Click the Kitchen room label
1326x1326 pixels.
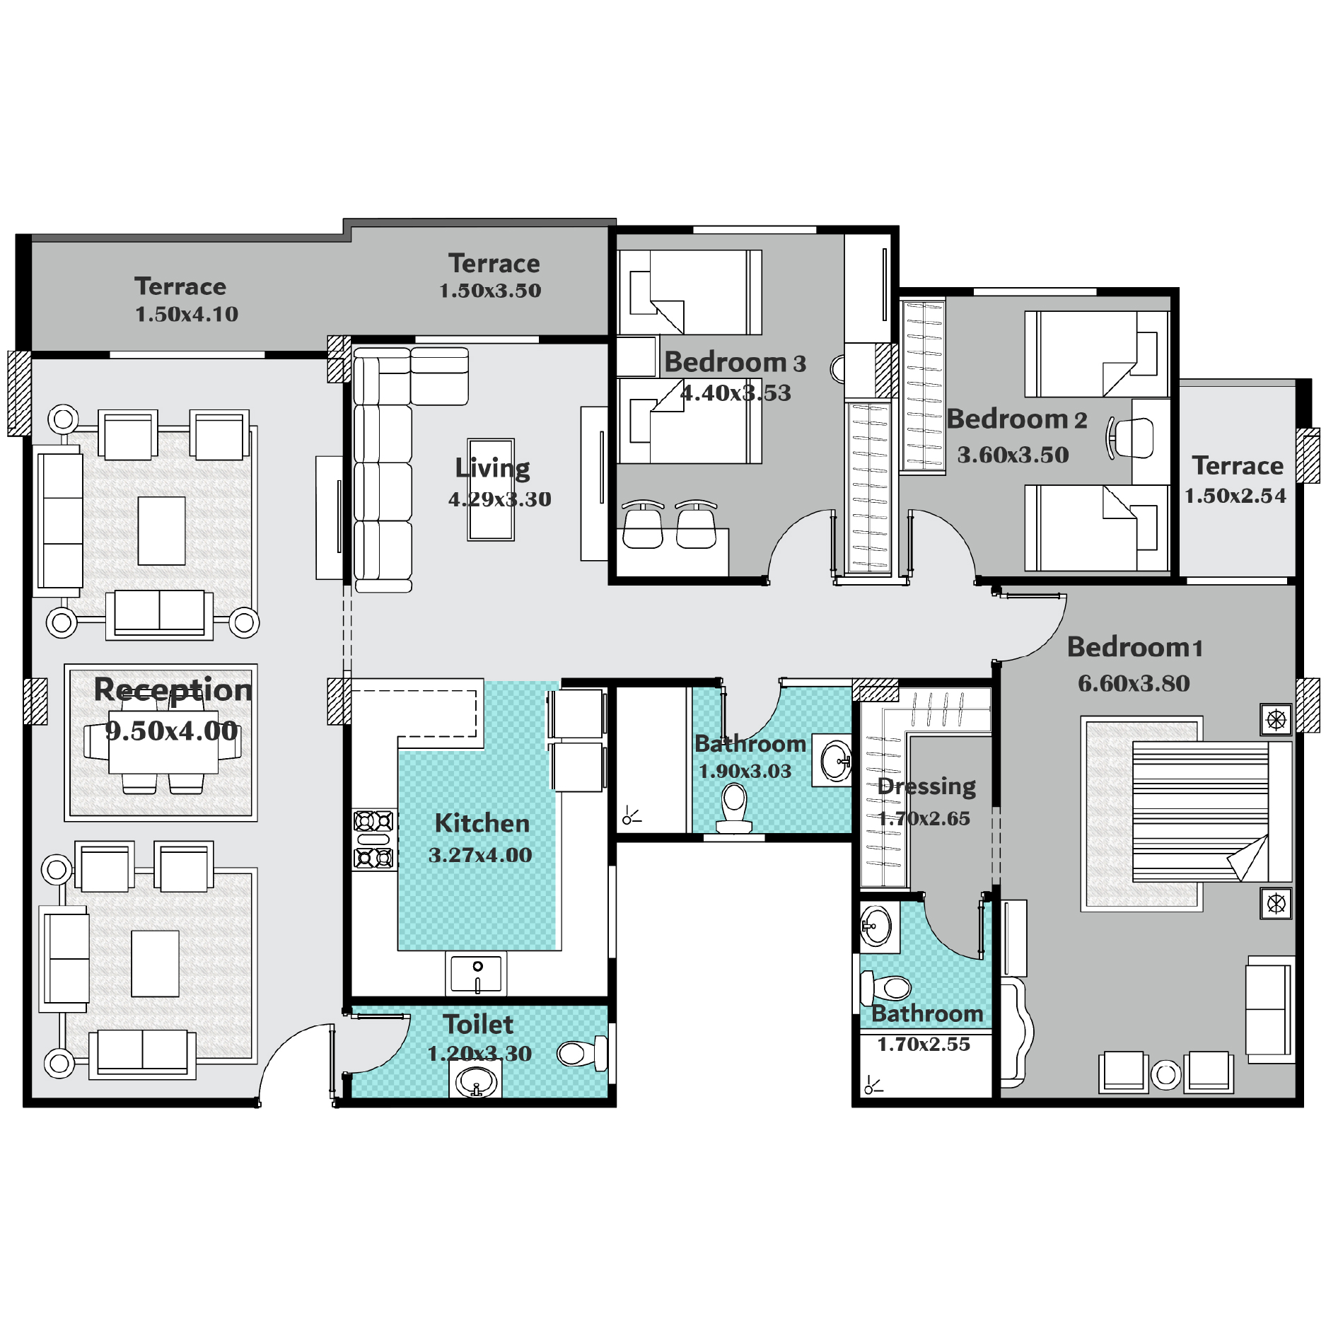(x=482, y=823)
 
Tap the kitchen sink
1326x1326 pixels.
(x=477, y=973)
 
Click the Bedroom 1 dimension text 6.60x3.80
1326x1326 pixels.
(x=1134, y=683)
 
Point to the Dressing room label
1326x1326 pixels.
(x=926, y=786)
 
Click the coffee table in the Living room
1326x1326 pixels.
(x=491, y=489)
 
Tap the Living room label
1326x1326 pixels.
(x=492, y=468)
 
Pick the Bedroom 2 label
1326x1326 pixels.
(x=1016, y=419)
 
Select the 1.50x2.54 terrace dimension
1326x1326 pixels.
(x=1235, y=496)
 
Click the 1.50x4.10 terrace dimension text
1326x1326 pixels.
(x=187, y=314)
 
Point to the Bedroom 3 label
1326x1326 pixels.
(x=735, y=362)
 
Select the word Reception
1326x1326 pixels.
(x=173, y=690)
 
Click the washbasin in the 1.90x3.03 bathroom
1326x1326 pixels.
(x=835, y=761)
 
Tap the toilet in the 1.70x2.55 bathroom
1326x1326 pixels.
(x=885, y=989)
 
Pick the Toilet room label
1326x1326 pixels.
(x=478, y=1024)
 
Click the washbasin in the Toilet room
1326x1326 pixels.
(x=475, y=1081)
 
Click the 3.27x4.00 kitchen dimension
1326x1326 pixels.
(x=480, y=855)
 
